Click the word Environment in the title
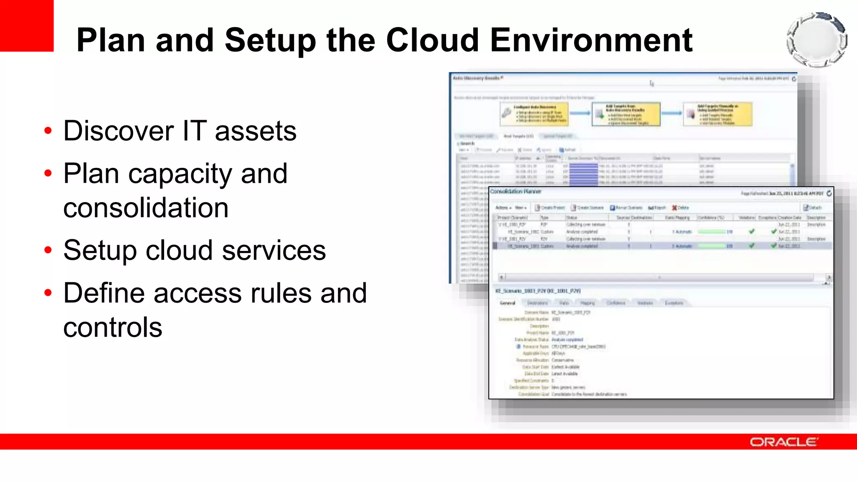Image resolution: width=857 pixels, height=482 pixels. click(591, 40)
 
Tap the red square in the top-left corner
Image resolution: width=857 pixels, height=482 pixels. click(27, 25)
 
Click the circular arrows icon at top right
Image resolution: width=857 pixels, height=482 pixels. click(816, 40)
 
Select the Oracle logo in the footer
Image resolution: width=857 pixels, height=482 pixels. click(784, 442)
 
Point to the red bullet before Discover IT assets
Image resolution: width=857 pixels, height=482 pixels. click(48, 131)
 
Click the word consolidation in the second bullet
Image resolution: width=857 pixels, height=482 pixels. click(146, 208)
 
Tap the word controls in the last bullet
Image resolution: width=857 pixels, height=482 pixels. click(113, 327)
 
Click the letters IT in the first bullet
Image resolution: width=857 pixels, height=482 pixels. click(195, 131)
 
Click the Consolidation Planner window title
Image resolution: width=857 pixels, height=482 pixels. click(516, 192)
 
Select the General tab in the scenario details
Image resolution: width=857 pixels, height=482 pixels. click(507, 303)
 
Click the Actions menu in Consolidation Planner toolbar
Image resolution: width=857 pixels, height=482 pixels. click(503, 208)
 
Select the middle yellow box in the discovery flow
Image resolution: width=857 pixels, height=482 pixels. click(626, 114)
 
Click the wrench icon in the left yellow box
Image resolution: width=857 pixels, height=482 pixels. click(507, 113)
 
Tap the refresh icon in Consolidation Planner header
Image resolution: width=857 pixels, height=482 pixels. click(829, 193)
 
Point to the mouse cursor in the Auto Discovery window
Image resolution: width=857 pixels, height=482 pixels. click(652, 83)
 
